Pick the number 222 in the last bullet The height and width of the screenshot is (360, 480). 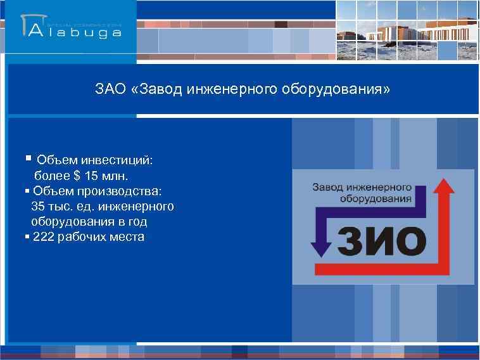tap(43, 237)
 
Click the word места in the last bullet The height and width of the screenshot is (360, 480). tap(127, 237)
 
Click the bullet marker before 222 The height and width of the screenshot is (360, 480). tap(27, 237)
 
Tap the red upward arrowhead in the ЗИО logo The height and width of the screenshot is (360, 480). tap(446, 186)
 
